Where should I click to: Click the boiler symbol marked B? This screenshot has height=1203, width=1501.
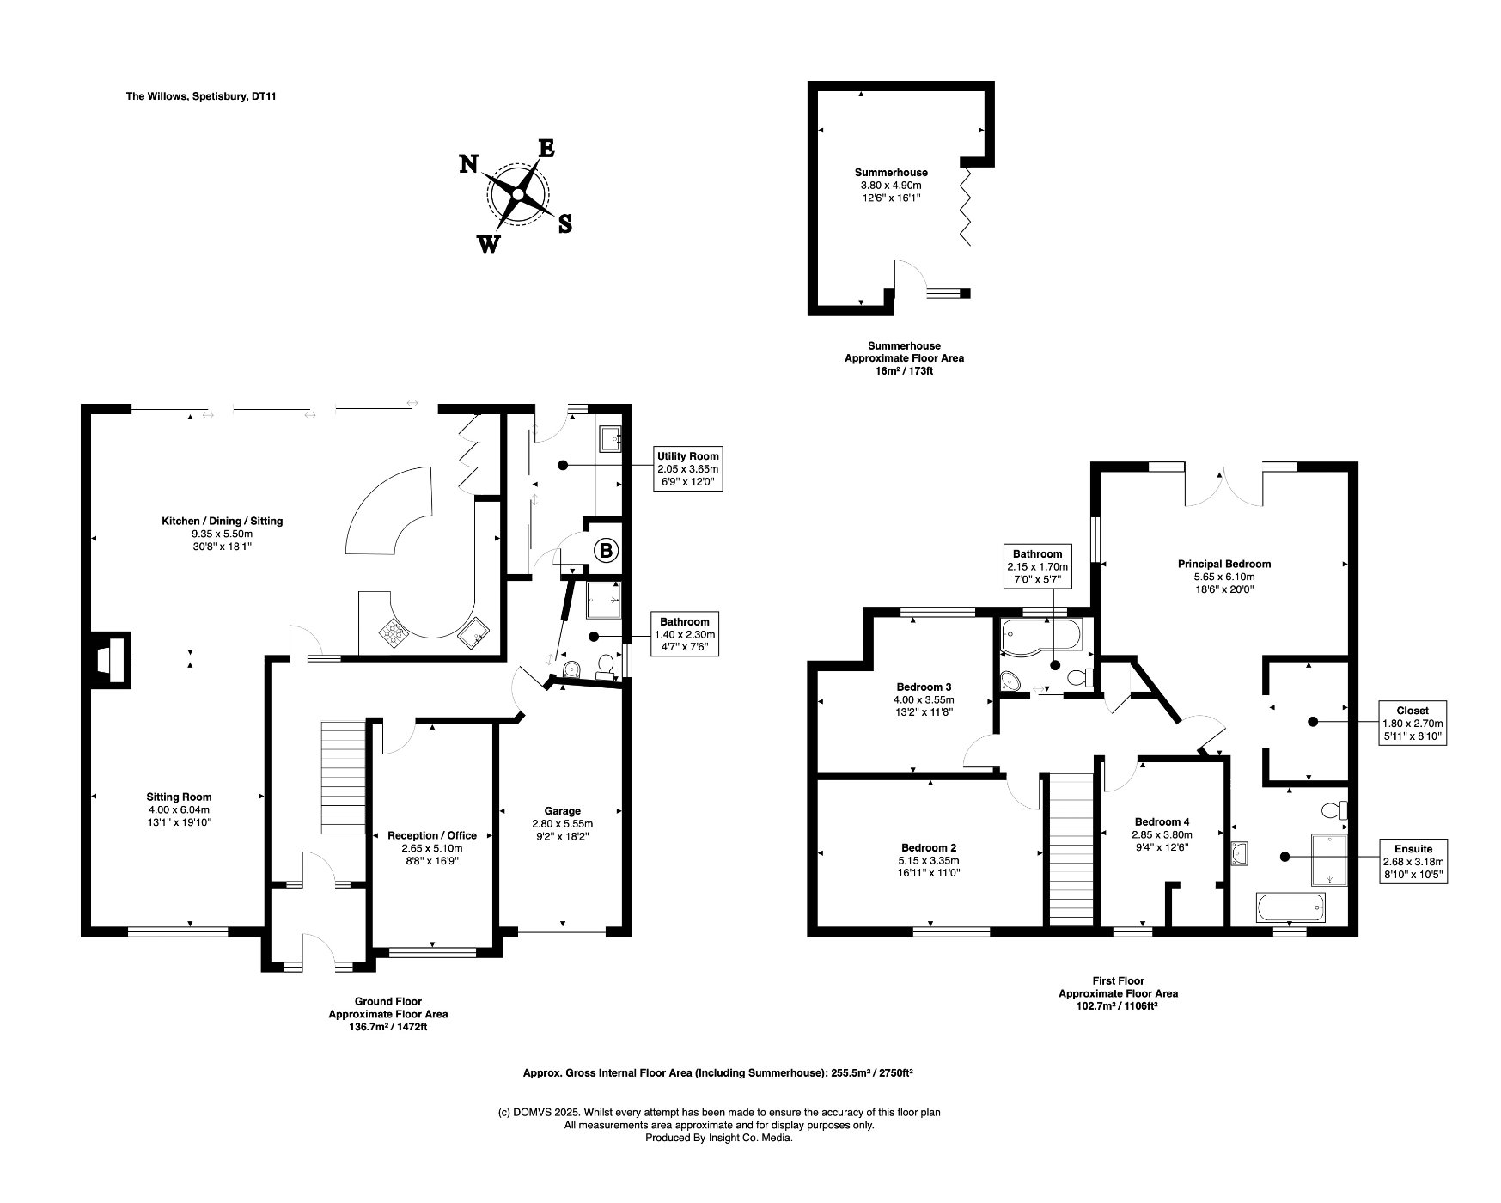606,551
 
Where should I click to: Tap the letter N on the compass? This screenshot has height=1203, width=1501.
468,163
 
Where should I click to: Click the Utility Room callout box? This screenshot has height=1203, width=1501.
686,469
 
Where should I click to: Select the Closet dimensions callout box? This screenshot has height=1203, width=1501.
1412,723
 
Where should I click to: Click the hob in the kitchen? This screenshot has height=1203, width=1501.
394,633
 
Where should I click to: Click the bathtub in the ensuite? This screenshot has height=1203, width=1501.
1290,907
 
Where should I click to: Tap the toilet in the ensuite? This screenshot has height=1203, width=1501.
1334,809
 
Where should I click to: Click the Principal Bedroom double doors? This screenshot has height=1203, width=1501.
1223,490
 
